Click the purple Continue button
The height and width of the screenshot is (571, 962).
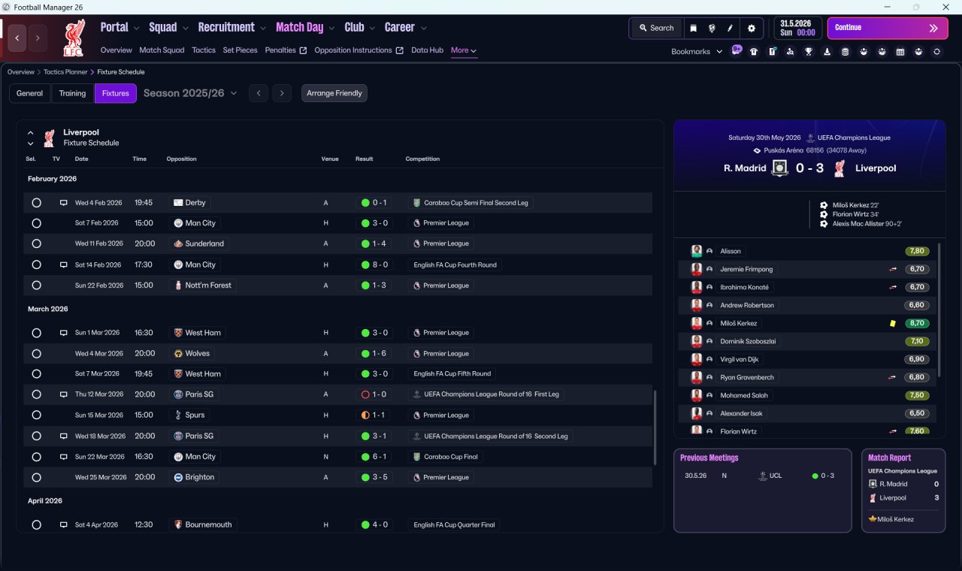point(888,28)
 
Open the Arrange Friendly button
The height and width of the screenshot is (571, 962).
point(334,93)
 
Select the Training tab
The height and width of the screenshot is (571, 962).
point(72,93)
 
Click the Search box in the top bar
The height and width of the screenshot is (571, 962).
point(657,28)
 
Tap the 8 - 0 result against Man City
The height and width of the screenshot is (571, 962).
point(374,265)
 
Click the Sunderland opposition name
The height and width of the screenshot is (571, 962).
point(204,243)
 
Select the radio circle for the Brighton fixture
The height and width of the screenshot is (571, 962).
point(37,477)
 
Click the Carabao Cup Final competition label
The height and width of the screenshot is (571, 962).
point(450,457)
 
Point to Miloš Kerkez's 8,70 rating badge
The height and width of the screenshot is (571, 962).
point(916,323)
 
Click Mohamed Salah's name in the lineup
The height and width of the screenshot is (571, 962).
point(744,395)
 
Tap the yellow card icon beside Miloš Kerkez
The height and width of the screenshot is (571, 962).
point(892,323)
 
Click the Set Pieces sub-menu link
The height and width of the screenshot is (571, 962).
point(240,50)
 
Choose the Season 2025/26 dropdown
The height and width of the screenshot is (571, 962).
point(190,93)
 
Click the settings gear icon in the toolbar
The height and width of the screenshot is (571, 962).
point(751,29)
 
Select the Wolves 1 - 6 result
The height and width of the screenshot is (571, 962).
point(374,354)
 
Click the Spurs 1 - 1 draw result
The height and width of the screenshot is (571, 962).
point(374,415)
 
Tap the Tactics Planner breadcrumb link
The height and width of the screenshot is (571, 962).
point(65,72)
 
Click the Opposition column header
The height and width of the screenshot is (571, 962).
point(181,159)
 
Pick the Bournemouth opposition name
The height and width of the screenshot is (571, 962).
point(208,524)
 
